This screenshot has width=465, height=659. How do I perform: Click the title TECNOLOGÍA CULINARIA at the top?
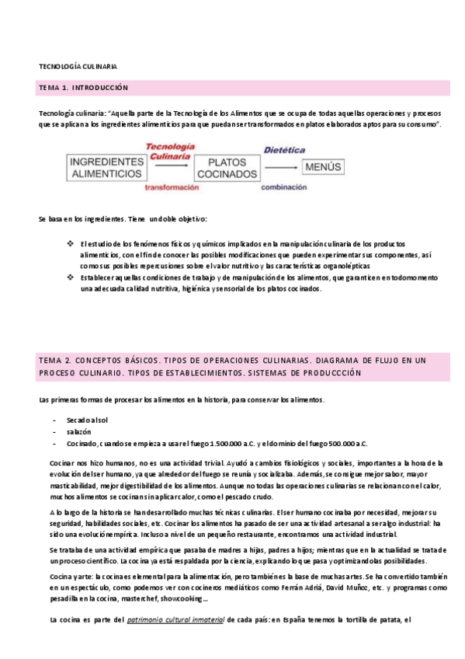click(78, 66)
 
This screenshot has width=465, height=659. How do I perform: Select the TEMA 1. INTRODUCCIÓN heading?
click(83, 88)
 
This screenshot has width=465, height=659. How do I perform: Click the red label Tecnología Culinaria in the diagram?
click(169, 152)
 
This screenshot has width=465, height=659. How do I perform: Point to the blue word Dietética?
click(283, 149)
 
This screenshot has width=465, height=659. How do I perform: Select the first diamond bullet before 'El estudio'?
click(71, 244)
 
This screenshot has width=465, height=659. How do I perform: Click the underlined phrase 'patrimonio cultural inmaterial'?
click(175, 620)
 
